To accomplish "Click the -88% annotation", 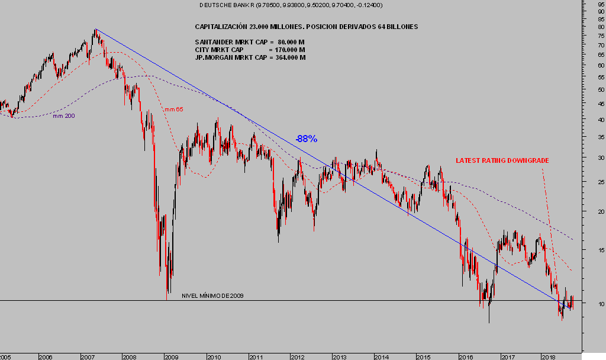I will pyautogui.click(x=307, y=139).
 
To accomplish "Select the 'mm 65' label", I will pyautogui.click(x=173, y=110).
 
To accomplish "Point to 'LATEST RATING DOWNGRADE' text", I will pyautogui.click(x=502, y=160).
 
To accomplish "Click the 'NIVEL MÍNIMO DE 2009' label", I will pyautogui.click(x=212, y=295).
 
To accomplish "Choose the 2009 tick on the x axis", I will pyautogui.click(x=171, y=357).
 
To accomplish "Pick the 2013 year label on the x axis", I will pyautogui.click(x=339, y=357).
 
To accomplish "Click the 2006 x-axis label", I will pyautogui.click(x=45, y=357).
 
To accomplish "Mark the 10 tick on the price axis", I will pyautogui.click(x=601, y=304).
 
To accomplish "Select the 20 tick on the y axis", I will pyautogui.click(x=601, y=212).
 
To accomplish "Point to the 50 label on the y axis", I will pyautogui.click(x=601, y=90).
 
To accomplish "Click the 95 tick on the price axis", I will pyautogui.click(x=601, y=4).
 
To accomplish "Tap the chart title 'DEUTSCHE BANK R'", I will pyautogui.click(x=225, y=5).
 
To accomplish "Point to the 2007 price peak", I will pyautogui.click(x=95, y=30).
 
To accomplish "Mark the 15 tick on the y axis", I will pyautogui.click(x=601, y=250).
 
